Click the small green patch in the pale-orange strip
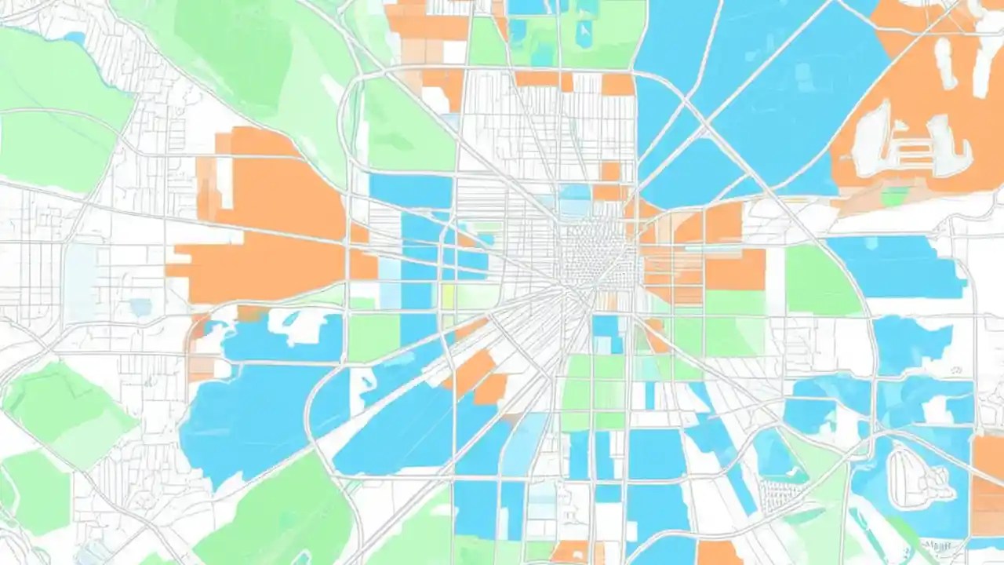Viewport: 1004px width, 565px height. (894, 196)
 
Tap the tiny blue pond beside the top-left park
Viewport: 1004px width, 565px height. (75, 37)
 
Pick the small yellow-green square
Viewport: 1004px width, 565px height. (449, 297)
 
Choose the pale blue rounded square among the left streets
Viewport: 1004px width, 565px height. (141, 307)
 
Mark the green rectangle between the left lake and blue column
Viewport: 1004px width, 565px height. (373, 337)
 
